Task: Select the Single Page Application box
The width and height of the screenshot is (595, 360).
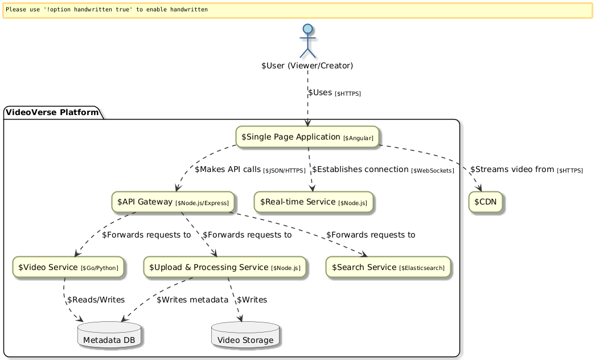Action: pyautogui.click(x=307, y=137)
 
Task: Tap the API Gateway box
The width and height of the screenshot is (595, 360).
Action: pyautogui.click(x=173, y=202)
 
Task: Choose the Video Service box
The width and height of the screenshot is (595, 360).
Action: pyautogui.click(x=68, y=267)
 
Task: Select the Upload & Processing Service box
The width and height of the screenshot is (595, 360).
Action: pyautogui.click(x=225, y=267)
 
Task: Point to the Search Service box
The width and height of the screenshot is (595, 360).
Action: pyautogui.click(x=388, y=267)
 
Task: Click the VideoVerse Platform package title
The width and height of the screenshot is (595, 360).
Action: pyautogui.click(x=52, y=112)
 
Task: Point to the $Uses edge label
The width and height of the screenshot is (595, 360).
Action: pyautogui.click(x=334, y=92)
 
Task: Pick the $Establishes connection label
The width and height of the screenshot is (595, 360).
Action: pyautogui.click(x=383, y=170)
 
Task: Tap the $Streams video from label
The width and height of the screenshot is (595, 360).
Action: pyautogui.click(x=527, y=170)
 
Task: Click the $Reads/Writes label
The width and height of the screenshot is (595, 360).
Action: pyautogui.click(x=96, y=300)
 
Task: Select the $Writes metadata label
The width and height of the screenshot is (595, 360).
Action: pyautogui.click(x=192, y=300)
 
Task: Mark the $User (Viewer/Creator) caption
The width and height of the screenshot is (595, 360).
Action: pyautogui.click(x=307, y=66)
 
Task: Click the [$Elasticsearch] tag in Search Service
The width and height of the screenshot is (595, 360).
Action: pyautogui.click(x=422, y=268)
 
